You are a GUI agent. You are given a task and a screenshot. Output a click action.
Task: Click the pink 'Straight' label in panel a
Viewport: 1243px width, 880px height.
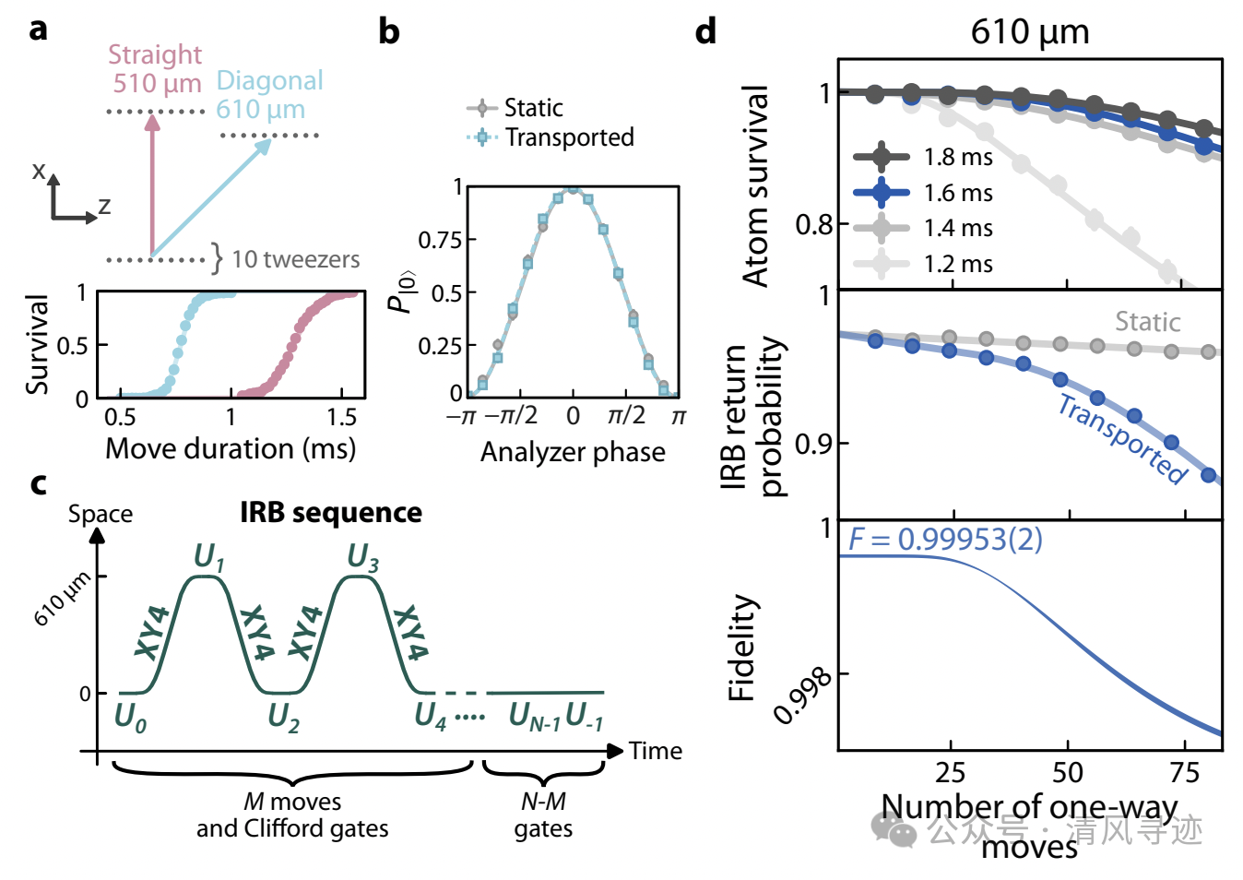[x=154, y=55]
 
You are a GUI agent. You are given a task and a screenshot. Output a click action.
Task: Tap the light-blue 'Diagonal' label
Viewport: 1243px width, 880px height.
[x=269, y=81]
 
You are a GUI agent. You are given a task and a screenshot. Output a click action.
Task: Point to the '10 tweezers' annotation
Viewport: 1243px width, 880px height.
[x=295, y=260]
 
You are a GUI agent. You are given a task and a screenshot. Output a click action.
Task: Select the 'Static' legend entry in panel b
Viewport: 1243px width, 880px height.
[x=532, y=108]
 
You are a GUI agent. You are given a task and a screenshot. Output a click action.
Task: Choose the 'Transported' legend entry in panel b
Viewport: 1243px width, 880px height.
[x=568, y=137]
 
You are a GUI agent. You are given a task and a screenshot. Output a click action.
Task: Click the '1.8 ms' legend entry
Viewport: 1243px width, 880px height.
[x=957, y=158]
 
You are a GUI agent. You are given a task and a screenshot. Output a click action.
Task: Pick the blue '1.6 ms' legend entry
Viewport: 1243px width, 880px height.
[x=957, y=193]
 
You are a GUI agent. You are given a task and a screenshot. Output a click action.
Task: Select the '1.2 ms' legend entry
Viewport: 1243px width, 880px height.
[x=957, y=265]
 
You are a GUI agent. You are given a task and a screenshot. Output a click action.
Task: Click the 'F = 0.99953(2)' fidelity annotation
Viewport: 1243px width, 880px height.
[x=945, y=539]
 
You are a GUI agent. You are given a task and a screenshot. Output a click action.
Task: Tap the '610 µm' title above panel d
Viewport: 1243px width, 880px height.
[x=1029, y=32]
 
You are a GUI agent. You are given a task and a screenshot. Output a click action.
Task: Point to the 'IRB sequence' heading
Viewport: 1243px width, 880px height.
[x=331, y=513]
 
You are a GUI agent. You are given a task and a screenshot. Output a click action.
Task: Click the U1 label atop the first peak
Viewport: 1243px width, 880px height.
[x=208, y=557]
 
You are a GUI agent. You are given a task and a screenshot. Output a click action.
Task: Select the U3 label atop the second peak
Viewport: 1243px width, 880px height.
[x=362, y=557]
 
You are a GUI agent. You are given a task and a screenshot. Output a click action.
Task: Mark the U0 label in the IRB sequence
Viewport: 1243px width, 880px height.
[x=130, y=717]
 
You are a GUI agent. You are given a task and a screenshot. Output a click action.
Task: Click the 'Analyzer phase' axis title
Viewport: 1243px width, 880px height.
[x=573, y=452]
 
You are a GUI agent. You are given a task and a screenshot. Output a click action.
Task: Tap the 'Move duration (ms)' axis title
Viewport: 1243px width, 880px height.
[x=231, y=449]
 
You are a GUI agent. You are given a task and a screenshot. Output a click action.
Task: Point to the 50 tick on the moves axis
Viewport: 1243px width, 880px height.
[x=1068, y=772]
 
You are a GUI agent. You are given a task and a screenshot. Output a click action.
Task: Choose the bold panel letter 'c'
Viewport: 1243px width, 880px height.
[x=39, y=483]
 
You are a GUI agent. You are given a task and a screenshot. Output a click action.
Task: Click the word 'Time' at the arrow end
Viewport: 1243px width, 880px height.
[x=656, y=751]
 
